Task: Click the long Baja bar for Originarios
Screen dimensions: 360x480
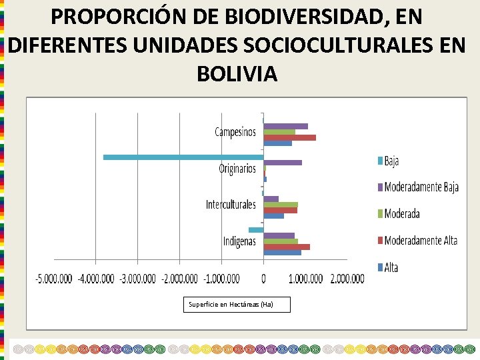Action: tap(183, 157)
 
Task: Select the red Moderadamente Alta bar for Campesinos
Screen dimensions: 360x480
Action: tap(289, 137)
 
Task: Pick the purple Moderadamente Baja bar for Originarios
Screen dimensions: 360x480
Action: tap(283, 163)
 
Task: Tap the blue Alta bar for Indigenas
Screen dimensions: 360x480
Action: tap(282, 252)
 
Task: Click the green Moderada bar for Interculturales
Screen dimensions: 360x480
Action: tap(281, 205)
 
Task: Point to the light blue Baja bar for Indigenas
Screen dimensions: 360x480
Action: tap(256, 230)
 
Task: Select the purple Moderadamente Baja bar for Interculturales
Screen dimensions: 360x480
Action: tap(271, 199)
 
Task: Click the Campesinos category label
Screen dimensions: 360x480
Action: tap(235, 132)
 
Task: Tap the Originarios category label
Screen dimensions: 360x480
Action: tap(237, 169)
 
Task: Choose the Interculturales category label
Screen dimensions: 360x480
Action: tap(231, 204)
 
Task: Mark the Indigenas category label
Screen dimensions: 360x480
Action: tap(239, 241)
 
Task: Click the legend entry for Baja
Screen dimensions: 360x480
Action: tap(391, 161)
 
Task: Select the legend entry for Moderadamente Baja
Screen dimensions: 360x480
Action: tap(421, 187)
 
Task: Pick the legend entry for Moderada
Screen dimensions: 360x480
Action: tap(402, 214)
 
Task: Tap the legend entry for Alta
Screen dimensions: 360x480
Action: tap(391, 267)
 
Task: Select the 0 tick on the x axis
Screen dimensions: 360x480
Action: tap(264, 278)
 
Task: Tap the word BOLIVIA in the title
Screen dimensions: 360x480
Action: tap(237, 73)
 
